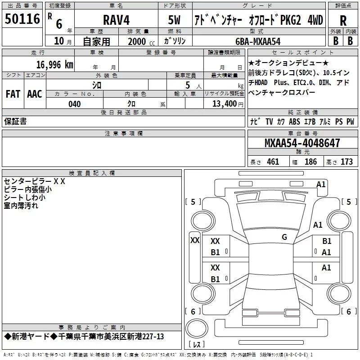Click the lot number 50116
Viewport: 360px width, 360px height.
pyautogui.click(x=22, y=18)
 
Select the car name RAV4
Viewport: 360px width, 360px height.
pyautogui.click(x=116, y=20)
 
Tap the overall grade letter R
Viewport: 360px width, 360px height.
pyautogui.click(x=343, y=21)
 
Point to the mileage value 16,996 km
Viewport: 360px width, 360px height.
pyautogui.click(x=54, y=64)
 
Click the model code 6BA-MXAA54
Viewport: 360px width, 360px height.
pyautogui.click(x=258, y=41)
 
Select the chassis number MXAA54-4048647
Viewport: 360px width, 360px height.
pyautogui.click(x=302, y=143)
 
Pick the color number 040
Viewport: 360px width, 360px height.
pyautogui.click(x=74, y=104)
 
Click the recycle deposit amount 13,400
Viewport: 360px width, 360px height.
pyautogui.click(x=224, y=103)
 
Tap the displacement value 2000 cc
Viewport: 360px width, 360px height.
pyautogui.click(x=141, y=41)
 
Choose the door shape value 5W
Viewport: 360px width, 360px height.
pyautogui.click(x=174, y=20)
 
